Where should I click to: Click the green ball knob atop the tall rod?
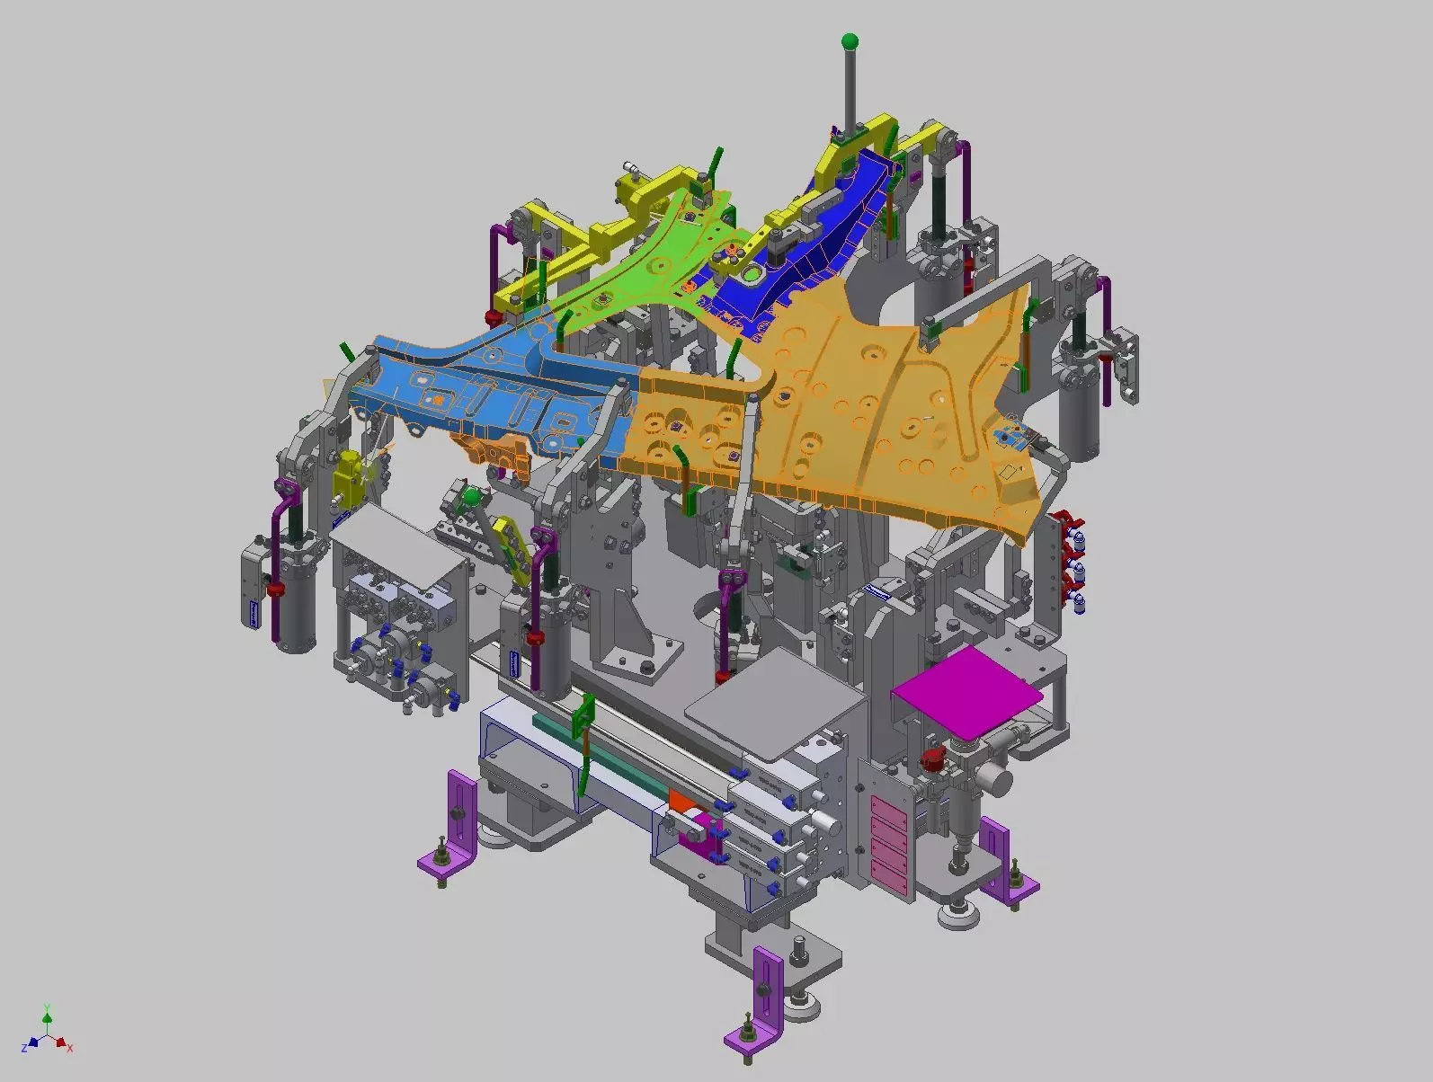tap(850, 41)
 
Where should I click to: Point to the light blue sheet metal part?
tap(476, 386)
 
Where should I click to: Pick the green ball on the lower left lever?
tap(470, 495)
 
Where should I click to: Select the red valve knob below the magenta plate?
tap(932, 760)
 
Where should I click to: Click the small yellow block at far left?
tap(347, 477)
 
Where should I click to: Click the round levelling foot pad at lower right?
tap(957, 916)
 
